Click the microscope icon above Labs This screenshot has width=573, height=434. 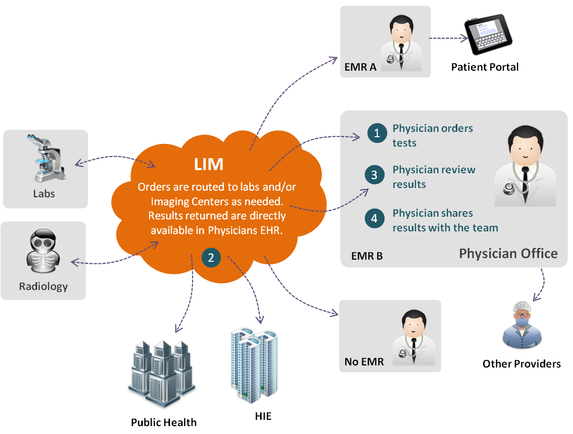pyautogui.click(x=45, y=158)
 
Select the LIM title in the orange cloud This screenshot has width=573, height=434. pyautogui.click(x=208, y=164)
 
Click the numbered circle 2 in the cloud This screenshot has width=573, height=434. pyautogui.click(x=211, y=257)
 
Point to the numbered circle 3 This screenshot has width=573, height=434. pyautogui.click(x=375, y=175)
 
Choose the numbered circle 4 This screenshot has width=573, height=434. pyautogui.click(x=375, y=218)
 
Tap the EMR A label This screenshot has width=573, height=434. pyautogui.click(x=360, y=68)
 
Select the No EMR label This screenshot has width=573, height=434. pyautogui.click(x=364, y=362)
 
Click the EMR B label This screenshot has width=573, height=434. pyautogui.click(x=367, y=256)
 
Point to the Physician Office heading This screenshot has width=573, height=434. pyautogui.click(x=508, y=254)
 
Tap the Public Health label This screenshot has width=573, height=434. pyautogui.click(x=164, y=422)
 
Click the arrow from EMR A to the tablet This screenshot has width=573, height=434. pyautogui.click(x=448, y=38)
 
